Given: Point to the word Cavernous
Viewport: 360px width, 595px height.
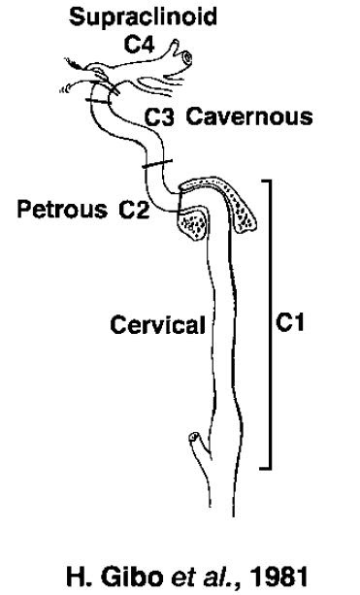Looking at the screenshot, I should coord(248,117).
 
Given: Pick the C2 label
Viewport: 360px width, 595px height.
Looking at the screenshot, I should coord(134,211).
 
